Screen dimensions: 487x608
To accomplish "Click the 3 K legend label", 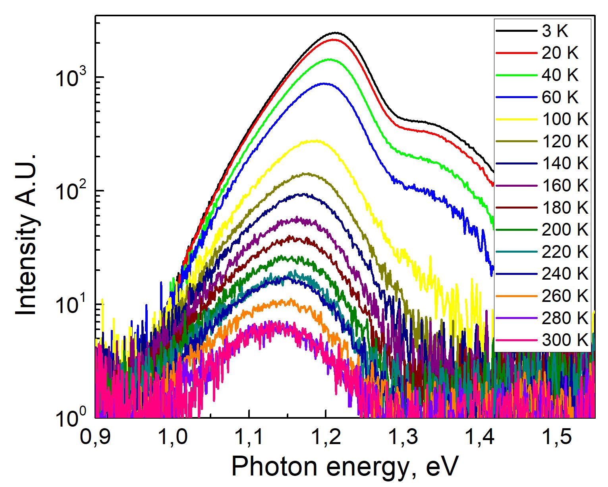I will [x=555, y=31].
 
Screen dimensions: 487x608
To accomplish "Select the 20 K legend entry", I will [x=560, y=53].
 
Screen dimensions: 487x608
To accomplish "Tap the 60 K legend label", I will [x=560, y=97].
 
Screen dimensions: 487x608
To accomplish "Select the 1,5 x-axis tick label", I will [x=557, y=437].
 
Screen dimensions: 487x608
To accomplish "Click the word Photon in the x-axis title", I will [x=274, y=466].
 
